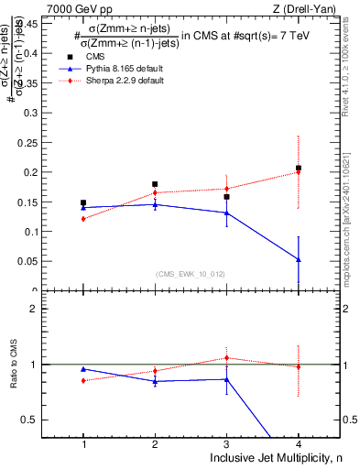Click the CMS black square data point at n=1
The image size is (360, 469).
[83, 202]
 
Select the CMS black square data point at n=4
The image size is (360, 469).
[299, 169]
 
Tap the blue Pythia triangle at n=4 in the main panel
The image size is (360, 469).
[299, 259]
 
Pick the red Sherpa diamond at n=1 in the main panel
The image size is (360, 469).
[83, 219]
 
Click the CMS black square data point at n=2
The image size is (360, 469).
[155, 184]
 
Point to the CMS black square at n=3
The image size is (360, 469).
[226, 197]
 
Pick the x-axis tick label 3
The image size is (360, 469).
[226, 443]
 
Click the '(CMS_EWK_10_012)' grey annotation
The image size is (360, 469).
[191, 274]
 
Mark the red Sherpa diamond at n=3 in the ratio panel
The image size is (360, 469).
[226, 357]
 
